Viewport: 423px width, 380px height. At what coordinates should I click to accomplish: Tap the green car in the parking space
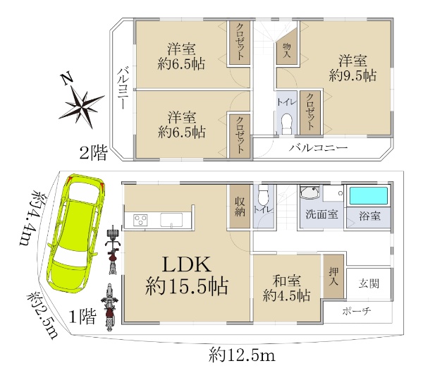(76, 235)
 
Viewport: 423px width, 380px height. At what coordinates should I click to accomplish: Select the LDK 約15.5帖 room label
(186, 276)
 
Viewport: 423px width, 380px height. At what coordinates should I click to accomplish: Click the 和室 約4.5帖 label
(286, 288)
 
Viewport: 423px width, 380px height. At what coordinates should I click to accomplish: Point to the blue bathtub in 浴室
(369, 196)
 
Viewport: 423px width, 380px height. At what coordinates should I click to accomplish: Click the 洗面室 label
(321, 215)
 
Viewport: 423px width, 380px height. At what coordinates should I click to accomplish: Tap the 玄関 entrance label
(369, 283)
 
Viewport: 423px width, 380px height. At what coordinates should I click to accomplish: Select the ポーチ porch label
(357, 312)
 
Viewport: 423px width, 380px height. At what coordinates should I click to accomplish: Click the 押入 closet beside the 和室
(333, 276)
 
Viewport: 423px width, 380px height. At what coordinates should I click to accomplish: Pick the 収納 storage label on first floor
(240, 207)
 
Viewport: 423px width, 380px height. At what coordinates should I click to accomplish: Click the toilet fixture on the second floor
(286, 124)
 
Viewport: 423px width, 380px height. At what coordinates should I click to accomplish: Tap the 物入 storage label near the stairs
(286, 51)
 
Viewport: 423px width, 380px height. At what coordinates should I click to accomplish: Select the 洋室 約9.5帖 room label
(352, 68)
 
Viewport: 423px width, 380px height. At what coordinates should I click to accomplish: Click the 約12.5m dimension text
(242, 355)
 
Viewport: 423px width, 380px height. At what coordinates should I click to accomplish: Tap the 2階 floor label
(93, 153)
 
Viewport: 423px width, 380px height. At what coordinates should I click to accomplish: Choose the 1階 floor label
(82, 317)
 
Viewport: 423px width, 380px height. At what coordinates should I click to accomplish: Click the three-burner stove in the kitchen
(141, 220)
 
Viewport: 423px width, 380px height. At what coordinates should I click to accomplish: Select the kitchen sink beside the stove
(171, 220)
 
